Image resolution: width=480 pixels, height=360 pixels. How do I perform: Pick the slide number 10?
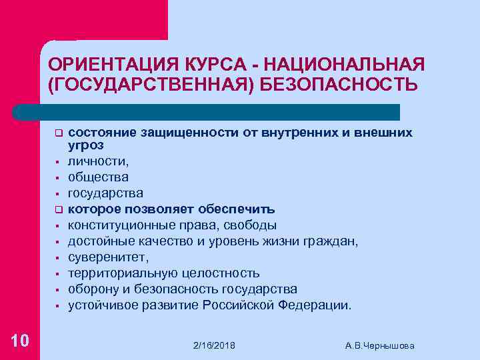20,341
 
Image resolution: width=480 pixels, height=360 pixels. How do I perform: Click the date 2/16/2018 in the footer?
213,345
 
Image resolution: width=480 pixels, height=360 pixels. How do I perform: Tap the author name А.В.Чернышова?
380,345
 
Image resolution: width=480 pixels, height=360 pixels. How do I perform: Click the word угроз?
85,144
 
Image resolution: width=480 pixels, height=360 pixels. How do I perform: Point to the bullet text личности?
99,161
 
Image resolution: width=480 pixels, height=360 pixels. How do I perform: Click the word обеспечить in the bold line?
241,209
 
